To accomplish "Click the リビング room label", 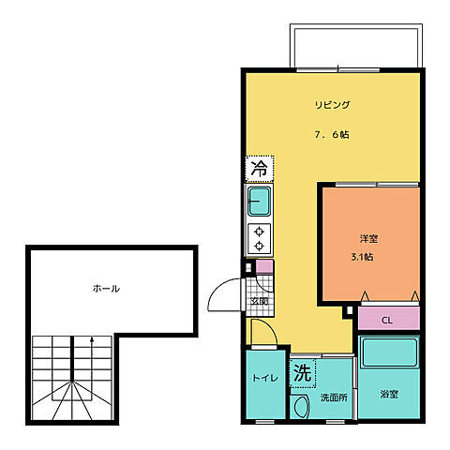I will tap(331, 104).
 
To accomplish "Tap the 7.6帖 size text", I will tap(332, 134).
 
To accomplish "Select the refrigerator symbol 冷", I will tap(258, 169).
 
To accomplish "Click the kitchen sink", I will tap(259, 200).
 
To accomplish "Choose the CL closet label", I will tap(387, 320).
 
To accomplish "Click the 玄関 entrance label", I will tap(259, 302).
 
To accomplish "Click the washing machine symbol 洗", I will tap(302, 372).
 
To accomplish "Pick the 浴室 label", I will tap(387, 395).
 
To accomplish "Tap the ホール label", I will tap(106, 289).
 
